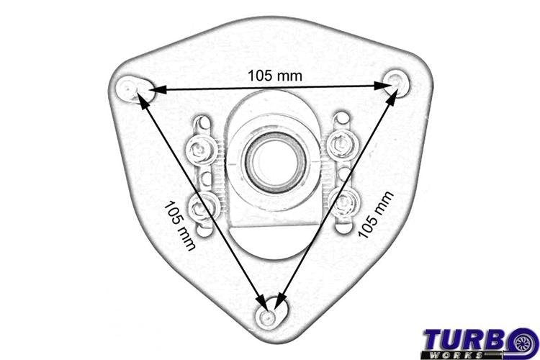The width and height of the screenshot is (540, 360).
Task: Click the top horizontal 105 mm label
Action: pyautogui.click(x=275, y=76)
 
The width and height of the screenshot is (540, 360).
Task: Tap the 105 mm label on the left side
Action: pyautogui.click(x=180, y=226)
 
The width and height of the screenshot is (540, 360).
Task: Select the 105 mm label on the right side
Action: pyautogui.click(x=376, y=215)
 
